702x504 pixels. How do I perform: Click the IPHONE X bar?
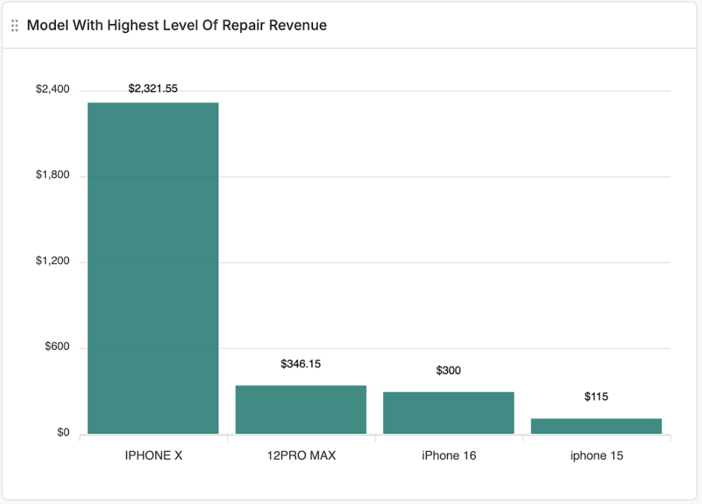click(153, 268)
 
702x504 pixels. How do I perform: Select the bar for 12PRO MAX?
click(301, 409)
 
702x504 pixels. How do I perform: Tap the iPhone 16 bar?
click(449, 413)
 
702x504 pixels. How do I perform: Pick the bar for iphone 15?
click(596, 426)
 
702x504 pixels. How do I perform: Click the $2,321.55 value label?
click(153, 88)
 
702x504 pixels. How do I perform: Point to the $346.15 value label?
click(301, 364)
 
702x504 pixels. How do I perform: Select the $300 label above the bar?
click(449, 371)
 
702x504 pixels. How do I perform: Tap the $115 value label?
click(596, 397)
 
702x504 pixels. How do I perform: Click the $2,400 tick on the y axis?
click(53, 90)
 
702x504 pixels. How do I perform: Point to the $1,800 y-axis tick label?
click(53, 175)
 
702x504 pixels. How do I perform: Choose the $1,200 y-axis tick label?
click(53, 262)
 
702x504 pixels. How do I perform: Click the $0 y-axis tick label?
click(63, 433)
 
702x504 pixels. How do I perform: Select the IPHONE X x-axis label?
click(154, 456)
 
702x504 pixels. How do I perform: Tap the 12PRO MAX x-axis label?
click(301, 456)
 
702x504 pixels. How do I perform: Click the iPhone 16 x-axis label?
click(449, 456)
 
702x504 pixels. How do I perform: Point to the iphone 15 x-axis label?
click(597, 456)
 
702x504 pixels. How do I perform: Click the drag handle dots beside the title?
click(15, 25)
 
